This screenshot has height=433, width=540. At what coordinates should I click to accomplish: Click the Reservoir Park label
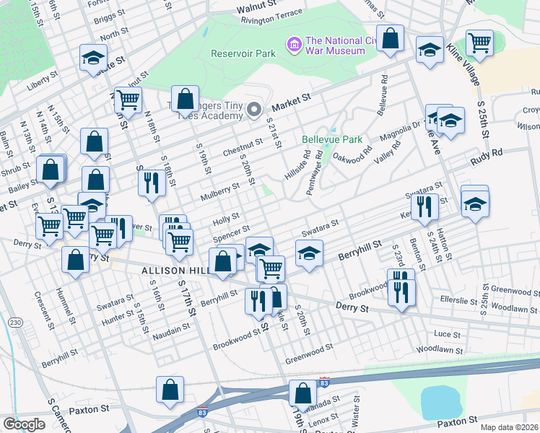click(x=243, y=53)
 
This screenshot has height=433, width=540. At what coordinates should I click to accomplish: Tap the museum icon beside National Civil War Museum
click(x=293, y=45)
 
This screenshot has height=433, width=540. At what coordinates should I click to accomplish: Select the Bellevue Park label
click(x=331, y=138)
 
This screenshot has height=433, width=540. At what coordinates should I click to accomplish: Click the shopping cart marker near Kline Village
click(x=479, y=43)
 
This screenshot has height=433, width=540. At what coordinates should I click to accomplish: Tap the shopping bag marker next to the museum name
click(x=390, y=40)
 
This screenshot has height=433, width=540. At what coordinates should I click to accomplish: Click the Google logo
click(x=24, y=424)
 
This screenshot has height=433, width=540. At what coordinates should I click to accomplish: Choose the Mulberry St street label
click(x=219, y=188)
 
